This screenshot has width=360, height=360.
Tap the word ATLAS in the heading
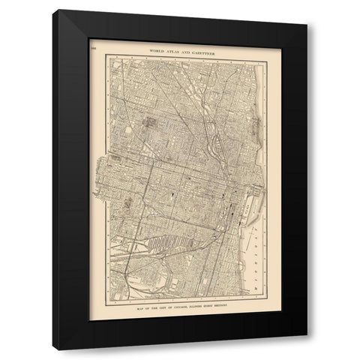tap(166, 49)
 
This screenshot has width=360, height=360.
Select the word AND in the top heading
tap(181, 49)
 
